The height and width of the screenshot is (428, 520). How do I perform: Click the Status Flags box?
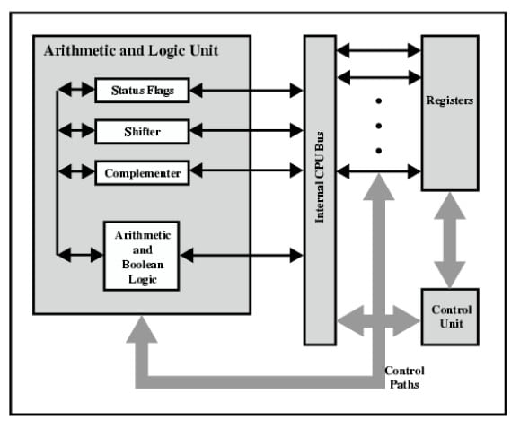(142, 91)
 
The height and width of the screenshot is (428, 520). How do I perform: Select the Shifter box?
(142, 132)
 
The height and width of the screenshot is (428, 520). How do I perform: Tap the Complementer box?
(142, 173)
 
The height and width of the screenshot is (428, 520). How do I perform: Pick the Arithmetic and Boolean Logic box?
(142, 256)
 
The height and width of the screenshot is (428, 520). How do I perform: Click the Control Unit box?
(450, 317)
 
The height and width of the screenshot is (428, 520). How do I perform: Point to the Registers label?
(450, 100)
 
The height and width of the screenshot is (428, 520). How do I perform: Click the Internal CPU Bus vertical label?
(319, 178)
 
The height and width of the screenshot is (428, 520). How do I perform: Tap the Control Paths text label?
(404, 378)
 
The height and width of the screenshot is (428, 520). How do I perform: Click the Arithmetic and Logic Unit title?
(131, 50)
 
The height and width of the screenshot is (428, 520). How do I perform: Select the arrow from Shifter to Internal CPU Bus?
(246, 130)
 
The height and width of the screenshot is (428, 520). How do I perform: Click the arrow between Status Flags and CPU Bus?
(246, 90)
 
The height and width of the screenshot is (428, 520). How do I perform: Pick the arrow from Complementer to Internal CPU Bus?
(246, 170)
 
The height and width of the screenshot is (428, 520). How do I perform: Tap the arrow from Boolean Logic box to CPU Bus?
(242, 255)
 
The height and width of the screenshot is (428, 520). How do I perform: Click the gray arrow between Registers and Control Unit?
(450, 240)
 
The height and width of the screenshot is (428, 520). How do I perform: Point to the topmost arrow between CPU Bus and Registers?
(379, 50)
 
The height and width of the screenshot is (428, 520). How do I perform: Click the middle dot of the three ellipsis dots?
(379, 126)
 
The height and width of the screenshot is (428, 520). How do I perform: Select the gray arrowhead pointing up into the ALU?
(142, 329)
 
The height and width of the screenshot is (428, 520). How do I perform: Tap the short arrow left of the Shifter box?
(76, 130)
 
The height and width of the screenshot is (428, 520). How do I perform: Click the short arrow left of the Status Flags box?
(76, 89)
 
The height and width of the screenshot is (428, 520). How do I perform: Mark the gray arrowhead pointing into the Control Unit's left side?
(407, 321)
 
